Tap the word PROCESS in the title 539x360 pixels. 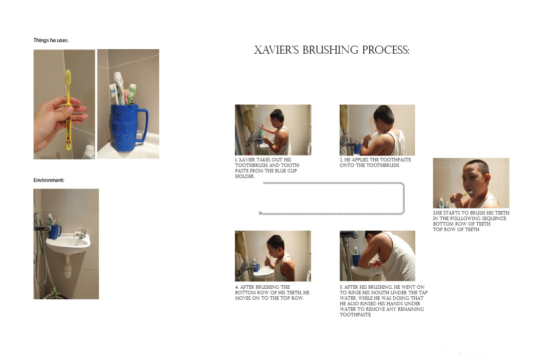coord(386,50)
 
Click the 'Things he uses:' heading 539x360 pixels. coord(51,40)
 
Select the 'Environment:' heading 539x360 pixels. coord(49,180)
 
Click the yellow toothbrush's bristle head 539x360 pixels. coord(68,77)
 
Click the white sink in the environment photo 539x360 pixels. coord(68,243)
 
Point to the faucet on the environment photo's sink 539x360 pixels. coord(81,234)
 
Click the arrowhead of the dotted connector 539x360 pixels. coord(260,214)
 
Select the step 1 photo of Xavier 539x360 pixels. coord(273,130)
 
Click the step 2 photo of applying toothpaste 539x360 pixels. coord(377,130)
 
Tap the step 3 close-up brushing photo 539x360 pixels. coord(471,183)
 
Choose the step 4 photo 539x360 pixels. coord(273,256)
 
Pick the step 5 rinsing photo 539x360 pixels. coord(377,256)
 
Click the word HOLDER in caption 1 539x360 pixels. coord(245,176)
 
